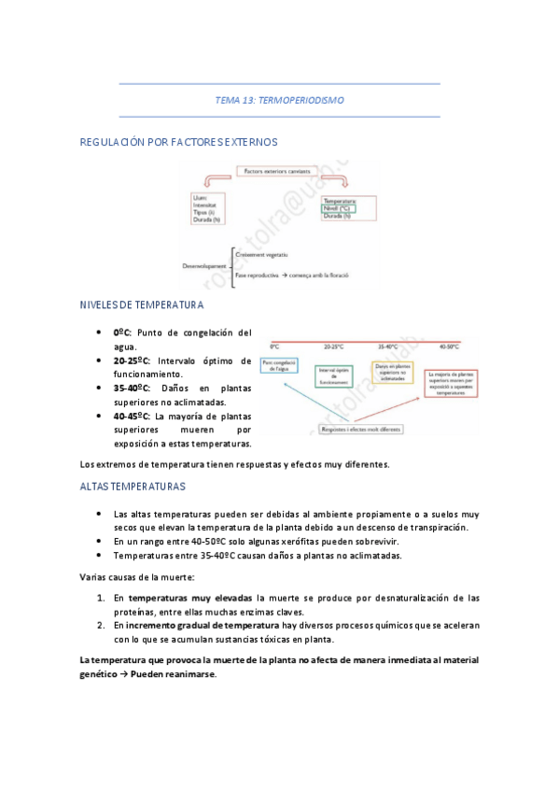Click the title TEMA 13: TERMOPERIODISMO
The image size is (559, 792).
tap(280, 99)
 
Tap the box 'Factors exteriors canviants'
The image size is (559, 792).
tap(278, 172)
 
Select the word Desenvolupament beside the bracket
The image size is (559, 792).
tap(204, 266)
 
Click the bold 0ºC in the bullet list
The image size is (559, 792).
tap(122, 332)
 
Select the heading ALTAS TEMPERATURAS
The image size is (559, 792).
tap(133, 487)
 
